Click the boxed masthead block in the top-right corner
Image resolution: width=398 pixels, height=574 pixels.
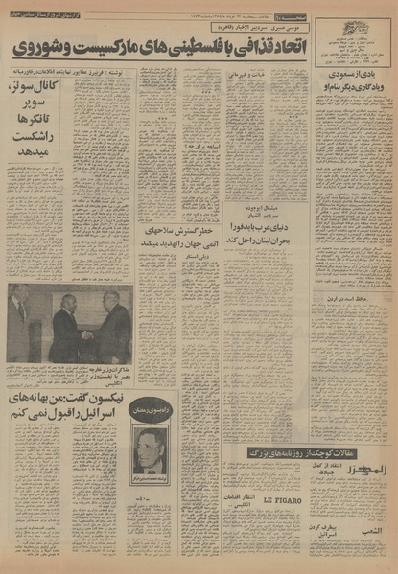pos(356,38)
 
